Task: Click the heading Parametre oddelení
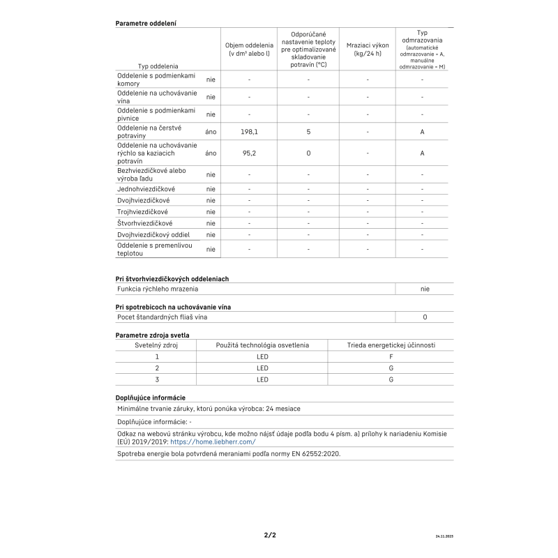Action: click(145, 23)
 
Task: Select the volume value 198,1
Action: click(249, 131)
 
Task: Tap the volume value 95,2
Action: click(249, 153)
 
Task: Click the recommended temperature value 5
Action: click(308, 131)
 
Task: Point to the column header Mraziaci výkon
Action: click(368, 49)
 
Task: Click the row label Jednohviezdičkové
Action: click(146, 189)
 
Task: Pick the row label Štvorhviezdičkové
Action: click(145, 223)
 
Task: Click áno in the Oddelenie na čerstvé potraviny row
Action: click(211, 131)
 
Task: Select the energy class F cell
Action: click(391, 356)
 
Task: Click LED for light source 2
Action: click(262, 368)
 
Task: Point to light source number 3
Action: click(157, 379)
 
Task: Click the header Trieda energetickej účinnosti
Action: click(391, 345)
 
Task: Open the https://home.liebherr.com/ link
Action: click(213, 442)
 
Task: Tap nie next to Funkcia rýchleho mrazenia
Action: click(425, 289)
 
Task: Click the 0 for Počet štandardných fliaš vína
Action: click(425, 317)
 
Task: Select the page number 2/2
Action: click(270, 535)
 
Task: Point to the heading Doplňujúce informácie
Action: click(150, 397)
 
